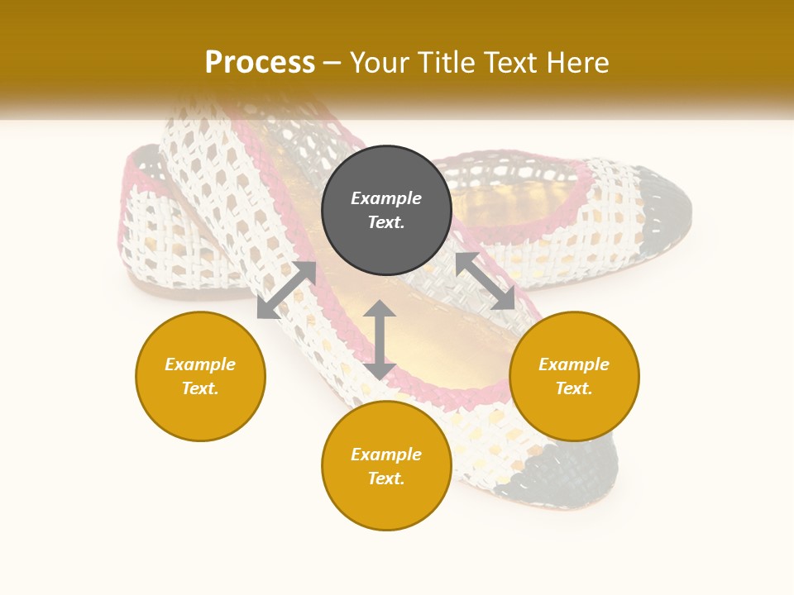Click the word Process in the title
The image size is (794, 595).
(x=260, y=63)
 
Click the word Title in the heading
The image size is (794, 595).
(x=443, y=63)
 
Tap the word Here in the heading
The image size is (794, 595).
(x=576, y=63)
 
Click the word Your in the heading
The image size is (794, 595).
(x=381, y=63)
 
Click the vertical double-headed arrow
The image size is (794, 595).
(x=380, y=340)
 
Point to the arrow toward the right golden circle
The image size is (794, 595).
(x=485, y=281)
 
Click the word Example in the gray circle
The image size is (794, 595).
(x=386, y=198)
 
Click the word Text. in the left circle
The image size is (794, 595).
(x=200, y=388)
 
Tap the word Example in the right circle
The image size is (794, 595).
(x=574, y=364)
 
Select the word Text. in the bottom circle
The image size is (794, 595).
(x=386, y=478)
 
